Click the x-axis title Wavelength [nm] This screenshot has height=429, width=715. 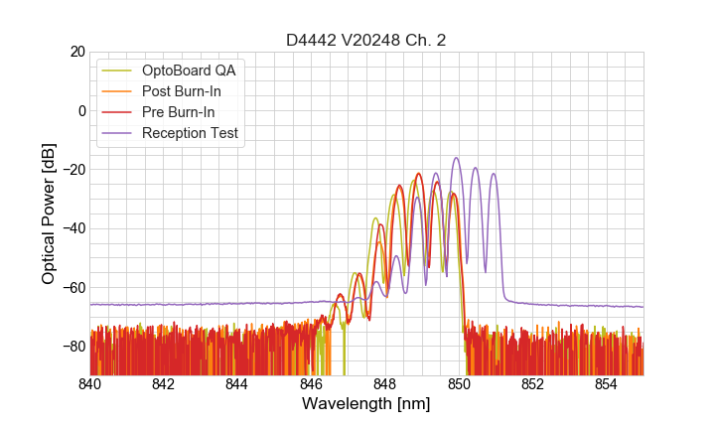pos(366,404)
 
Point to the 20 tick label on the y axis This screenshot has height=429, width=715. pos(76,52)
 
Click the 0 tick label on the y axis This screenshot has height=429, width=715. pos(80,110)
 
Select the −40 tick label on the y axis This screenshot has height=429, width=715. pos(72,228)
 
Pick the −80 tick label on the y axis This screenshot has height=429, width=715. pos(72,346)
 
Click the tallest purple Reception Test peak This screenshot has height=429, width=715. pos(457,158)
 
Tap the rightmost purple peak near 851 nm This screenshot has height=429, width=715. pos(493,175)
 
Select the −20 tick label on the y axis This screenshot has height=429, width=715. pos(72,170)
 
